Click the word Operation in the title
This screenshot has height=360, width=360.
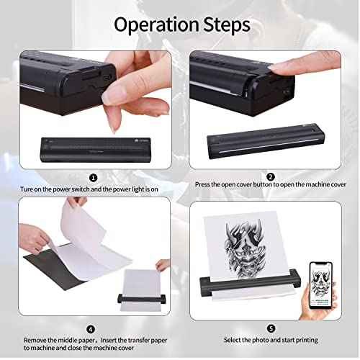point(155,24)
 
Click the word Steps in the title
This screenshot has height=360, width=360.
point(223,24)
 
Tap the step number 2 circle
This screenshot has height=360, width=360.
point(270,176)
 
